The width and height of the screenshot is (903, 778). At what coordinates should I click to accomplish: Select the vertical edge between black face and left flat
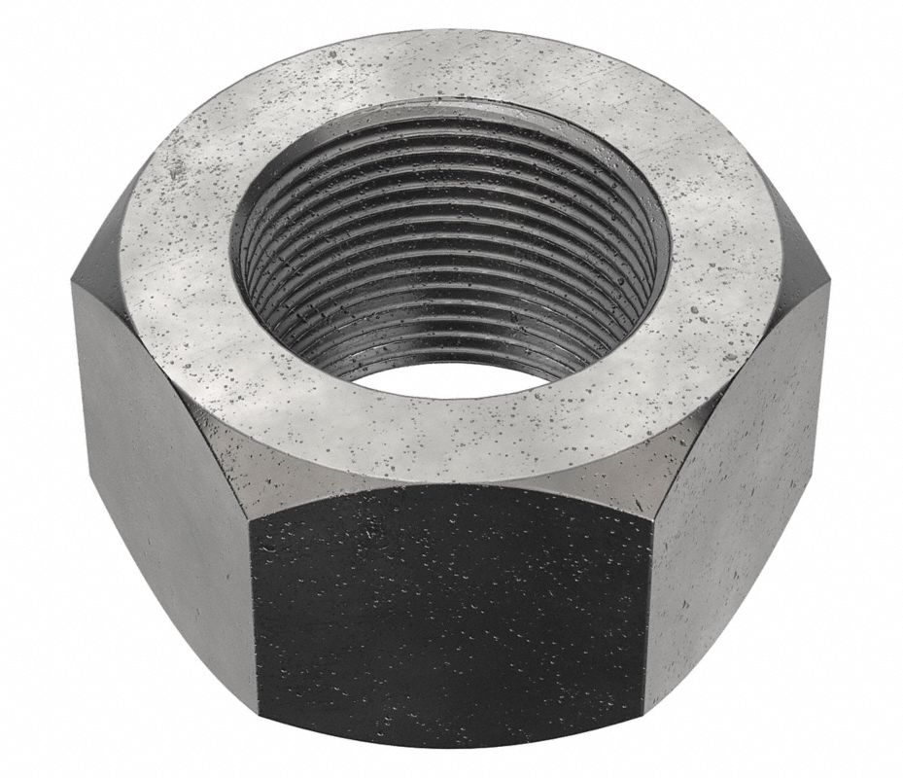click(x=254, y=622)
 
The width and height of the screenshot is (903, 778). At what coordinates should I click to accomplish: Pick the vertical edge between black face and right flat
click(x=649, y=622)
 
